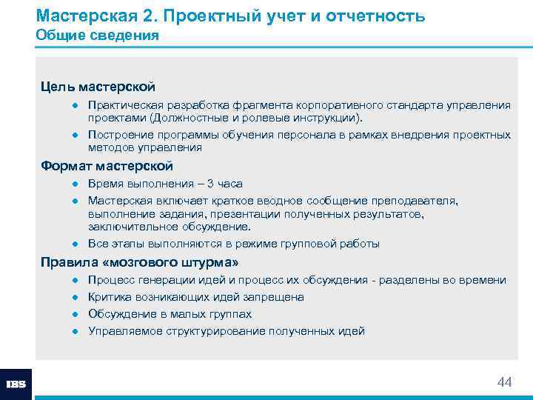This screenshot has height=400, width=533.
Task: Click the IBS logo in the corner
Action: click(16, 384)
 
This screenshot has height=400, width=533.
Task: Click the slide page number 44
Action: click(504, 382)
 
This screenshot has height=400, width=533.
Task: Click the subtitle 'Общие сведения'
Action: click(97, 36)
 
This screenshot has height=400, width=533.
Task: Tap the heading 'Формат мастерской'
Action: click(107, 165)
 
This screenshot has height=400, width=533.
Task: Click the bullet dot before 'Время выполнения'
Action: click(76, 184)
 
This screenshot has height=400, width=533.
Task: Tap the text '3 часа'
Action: click(224, 184)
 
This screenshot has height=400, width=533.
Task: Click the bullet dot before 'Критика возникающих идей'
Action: click(76, 297)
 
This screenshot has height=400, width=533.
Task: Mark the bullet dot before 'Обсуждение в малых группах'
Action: click(76, 314)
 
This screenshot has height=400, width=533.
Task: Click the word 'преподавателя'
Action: click(420, 201)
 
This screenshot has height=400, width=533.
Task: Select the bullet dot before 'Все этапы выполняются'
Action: click(76, 244)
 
